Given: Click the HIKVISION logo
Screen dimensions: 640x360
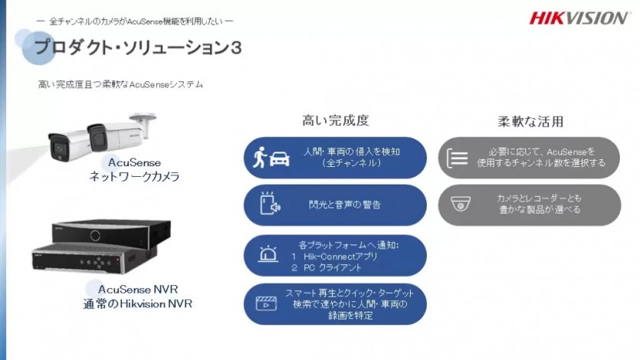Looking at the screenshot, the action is [578, 18].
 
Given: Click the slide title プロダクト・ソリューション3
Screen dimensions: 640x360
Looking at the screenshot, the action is [139, 47].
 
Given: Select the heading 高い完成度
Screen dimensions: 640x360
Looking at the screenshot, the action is [336, 120].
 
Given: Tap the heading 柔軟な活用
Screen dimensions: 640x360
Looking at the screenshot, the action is [530, 122].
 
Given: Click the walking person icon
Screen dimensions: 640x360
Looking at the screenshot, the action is [260, 157].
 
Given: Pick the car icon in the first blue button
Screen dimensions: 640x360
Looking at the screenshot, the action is [280, 159].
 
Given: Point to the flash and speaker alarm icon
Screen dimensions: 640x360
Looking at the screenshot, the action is [270, 203].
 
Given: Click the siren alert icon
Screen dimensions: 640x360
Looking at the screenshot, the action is [268, 254].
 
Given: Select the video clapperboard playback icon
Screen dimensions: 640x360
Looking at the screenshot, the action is [266, 303].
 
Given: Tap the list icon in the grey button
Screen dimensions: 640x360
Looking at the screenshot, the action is [457, 158].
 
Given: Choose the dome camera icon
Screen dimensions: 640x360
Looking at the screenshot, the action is [461, 204].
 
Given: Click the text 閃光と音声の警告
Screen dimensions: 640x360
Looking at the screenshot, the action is [345, 205].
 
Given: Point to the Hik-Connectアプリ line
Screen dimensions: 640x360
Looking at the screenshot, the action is [335, 257].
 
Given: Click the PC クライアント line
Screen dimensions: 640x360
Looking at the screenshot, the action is [327, 268].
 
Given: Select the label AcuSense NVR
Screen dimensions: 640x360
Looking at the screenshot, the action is [138, 290].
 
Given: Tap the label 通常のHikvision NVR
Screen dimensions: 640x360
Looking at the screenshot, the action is [137, 304].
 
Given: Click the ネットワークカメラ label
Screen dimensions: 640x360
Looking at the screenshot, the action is [134, 176].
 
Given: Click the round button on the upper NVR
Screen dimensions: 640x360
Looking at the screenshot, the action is [95, 235].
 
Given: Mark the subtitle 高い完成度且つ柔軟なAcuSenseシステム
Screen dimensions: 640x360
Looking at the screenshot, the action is [120, 84].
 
